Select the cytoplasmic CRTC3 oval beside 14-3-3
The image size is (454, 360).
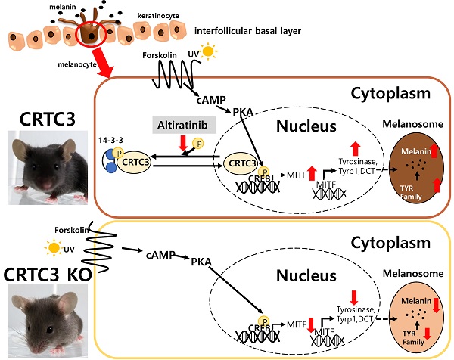(x=139, y=161)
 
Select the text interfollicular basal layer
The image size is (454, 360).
(x=247, y=32)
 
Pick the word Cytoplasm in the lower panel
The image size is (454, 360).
(x=389, y=245)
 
